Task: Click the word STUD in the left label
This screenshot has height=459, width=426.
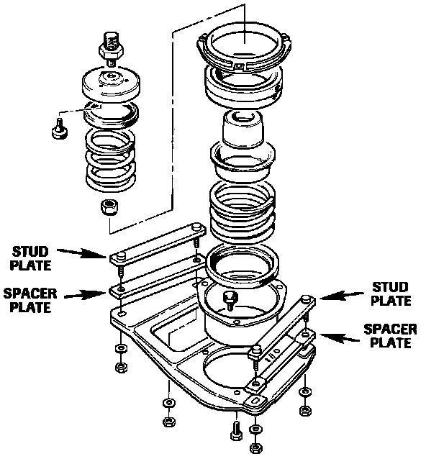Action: click(30, 252)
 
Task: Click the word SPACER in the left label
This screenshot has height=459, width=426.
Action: click(30, 294)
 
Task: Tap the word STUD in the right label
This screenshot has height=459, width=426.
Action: click(390, 287)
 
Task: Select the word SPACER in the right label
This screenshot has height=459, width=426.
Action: click(390, 329)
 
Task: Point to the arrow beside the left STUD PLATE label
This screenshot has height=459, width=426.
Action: click(81, 253)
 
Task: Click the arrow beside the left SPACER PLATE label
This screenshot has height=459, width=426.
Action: click(85, 295)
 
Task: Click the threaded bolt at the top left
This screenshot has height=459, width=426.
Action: click(111, 49)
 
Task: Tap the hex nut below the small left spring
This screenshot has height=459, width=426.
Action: click(109, 207)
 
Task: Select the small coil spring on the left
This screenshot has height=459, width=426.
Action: click(111, 160)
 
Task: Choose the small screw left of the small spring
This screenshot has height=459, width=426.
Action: click(60, 128)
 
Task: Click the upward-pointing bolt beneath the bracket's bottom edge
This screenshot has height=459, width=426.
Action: click(236, 430)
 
